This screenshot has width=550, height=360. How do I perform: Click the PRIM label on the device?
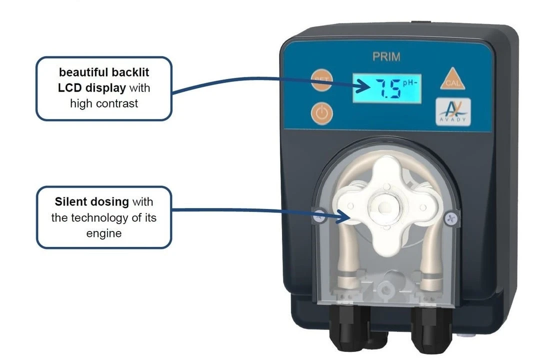[386, 56]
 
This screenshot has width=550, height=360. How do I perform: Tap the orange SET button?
[321, 80]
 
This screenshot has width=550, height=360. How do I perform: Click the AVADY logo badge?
[453, 111]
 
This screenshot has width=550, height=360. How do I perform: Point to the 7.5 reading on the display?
[388, 88]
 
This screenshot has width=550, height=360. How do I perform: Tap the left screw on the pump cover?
[319, 216]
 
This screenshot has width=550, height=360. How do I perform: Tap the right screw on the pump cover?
[451, 218]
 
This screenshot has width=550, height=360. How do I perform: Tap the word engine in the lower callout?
[104, 233]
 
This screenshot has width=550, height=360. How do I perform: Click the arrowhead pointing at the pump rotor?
[342, 216]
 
